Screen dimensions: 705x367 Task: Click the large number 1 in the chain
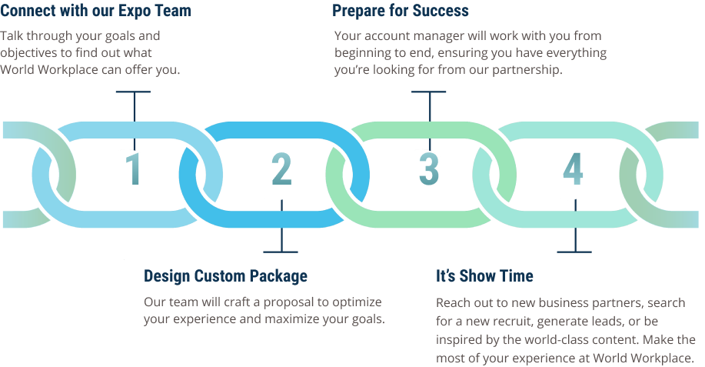(x=134, y=169)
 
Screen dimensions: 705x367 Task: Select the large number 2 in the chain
(x=282, y=169)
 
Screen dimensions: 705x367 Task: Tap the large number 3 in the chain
(x=429, y=169)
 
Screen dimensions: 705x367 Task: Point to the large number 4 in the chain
(x=574, y=169)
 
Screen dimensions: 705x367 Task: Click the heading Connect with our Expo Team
(x=96, y=10)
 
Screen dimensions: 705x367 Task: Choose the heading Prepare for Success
(x=400, y=10)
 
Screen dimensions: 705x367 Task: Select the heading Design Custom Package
(x=226, y=275)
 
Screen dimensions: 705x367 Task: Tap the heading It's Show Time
(x=484, y=275)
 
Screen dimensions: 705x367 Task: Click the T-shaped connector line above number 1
(x=134, y=120)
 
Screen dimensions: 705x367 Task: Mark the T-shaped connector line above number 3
(x=430, y=120)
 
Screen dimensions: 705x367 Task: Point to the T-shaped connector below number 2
(x=281, y=226)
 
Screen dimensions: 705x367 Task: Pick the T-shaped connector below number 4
(x=575, y=226)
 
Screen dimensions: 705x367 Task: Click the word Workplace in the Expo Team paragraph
(x=68, y=70)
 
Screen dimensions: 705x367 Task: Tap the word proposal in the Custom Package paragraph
(x=288, y=302)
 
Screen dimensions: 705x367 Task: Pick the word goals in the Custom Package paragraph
(x=368, y=319)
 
